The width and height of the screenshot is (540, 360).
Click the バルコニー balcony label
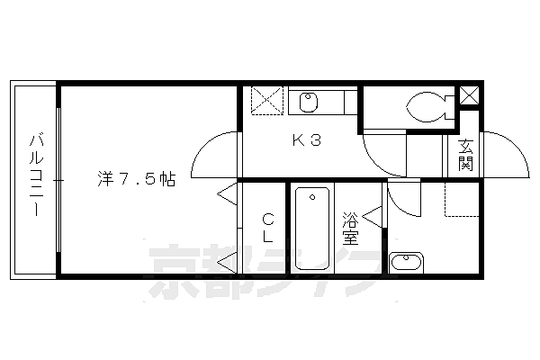(36, 175)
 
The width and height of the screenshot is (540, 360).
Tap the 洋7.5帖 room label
(137, 179)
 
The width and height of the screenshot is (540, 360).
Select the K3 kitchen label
(307, 140)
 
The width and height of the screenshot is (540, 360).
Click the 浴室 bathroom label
(351, 229)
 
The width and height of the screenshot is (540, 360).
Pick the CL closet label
(268, 228)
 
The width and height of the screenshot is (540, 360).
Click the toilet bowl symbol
(430, 107)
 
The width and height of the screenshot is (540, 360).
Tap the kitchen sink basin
(308, 103)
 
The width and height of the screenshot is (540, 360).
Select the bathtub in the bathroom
(312, 229)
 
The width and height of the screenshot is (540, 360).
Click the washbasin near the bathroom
(407, 263)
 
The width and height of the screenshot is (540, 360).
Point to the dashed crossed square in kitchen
(267, 100)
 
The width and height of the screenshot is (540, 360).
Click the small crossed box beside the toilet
(470, 95)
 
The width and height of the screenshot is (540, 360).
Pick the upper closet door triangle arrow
(228, 194)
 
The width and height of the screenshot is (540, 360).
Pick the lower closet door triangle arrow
(228, 263)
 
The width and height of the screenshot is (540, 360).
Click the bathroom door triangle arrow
(373, 217)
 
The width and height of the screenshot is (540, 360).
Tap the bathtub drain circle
(312, 197)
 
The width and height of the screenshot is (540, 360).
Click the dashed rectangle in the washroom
(462, 200)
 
